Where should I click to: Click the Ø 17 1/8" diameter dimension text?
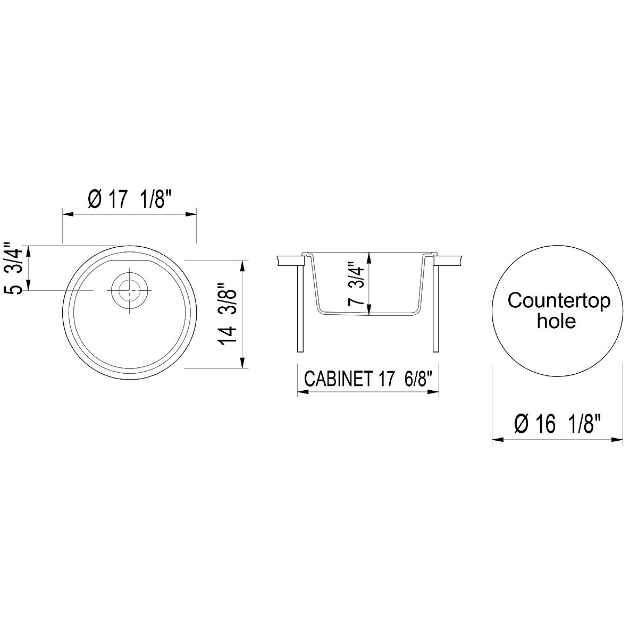(130, 200)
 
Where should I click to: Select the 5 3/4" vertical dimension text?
(13, 268)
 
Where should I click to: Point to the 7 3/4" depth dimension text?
(357, 283)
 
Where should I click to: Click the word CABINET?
(337, 380)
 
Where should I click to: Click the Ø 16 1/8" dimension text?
(558, 425)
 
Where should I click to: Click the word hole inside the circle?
(556, 321)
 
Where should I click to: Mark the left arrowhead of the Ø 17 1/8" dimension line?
(67, 214)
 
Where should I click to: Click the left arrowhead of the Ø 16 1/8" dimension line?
(497, 440)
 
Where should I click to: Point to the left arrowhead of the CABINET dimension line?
(301, 392)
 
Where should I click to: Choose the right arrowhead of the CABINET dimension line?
(434, 392)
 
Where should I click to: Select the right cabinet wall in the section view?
(437, 308)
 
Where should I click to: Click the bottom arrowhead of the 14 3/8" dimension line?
(243, 364)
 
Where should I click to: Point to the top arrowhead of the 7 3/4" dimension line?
(370, 256)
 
